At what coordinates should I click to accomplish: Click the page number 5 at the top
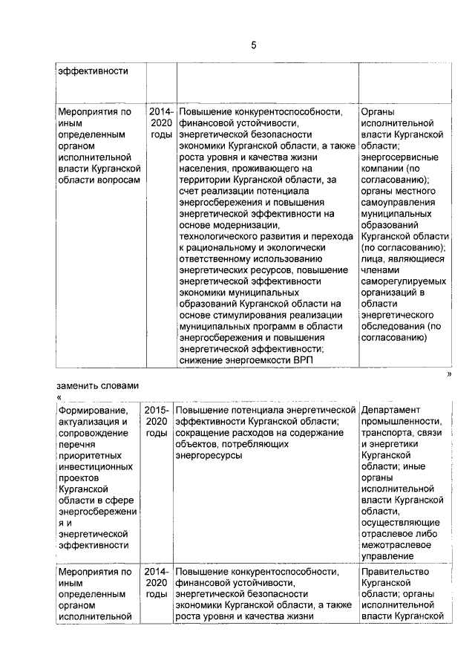(253, 46)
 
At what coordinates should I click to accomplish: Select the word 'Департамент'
(390, 411)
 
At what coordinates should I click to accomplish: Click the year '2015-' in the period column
(157, 411)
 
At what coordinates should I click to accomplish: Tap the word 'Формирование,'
(93, 411)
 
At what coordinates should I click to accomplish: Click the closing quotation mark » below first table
(449, 376)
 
